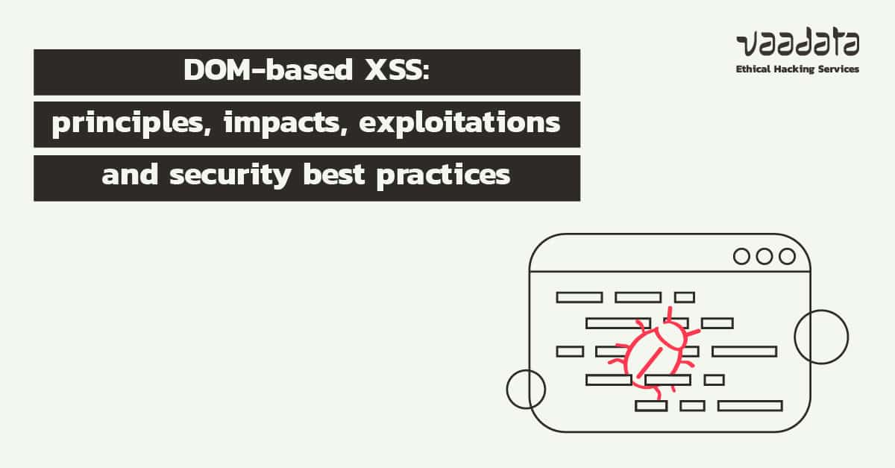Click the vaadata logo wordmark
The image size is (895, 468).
797,46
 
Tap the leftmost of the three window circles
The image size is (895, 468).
741,257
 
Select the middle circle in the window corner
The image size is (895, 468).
764,257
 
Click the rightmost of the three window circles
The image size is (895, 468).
787,257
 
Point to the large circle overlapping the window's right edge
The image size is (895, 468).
821,337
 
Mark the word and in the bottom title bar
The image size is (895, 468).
127,176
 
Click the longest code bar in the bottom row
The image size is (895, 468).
750,406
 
